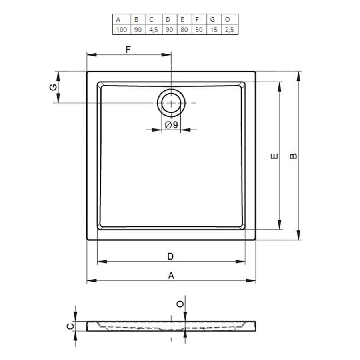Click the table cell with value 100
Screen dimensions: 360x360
tap(122, 30)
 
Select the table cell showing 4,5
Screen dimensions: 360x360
tap(154, 30)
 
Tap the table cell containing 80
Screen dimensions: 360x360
tap(184, 30)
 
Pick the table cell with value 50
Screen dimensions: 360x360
tap(199, 30)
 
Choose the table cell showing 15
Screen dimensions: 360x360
tap(214, 30)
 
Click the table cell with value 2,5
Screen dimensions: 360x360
tap(230, 30)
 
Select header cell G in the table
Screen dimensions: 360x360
tap(214, 20)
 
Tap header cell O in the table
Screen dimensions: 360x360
tap(230, 20)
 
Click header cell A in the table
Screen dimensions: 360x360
tap(122, 20)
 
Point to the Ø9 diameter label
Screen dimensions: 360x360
tap(171, 125)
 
